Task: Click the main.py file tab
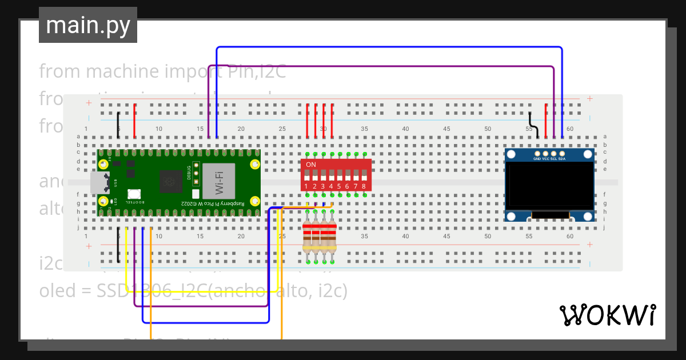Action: pyautogui.click(x=87, y=25)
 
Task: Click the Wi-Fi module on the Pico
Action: pyautogui.click(x=218, y=181)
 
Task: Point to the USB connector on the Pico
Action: pyautogui.click(x=100, y=183)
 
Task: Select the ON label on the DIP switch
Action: pyautogui.click(x=311, y=165)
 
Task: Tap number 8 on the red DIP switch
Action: pyautogui.click(x=364, y=186)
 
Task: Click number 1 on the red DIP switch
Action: pyautogui.click(x=306, y=186)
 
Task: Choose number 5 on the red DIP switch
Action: pyautogui.click(x=339, y=186)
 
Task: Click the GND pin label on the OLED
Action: pyautogui.click(x=537, y=159)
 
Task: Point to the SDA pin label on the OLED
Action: pyautogui.click(x=562, y=159)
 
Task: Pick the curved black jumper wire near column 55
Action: pyautogui.click(x=533, y=123)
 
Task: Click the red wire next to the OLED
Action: pyautogui.click(x=546, y=121)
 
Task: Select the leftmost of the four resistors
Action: pyautogui.click(x=308, y=237)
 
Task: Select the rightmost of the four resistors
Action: pyautogui.click(x=332, y=237)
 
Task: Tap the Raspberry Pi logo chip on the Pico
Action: pyautogui.click(x=170, y=182)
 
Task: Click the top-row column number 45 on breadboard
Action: pyautogui.click(x=446, y=129)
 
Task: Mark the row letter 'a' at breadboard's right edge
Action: pyautogui.click(x=605, y=137)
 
